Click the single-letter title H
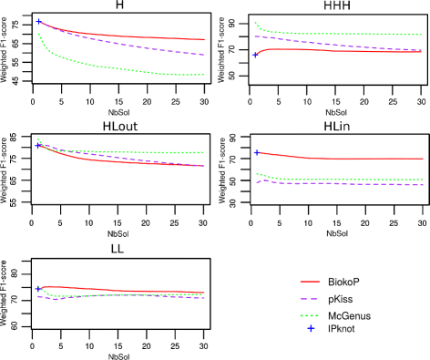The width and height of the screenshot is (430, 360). [120, 6]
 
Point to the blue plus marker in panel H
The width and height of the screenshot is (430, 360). [38, 21]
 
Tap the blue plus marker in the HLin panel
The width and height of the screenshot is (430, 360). [257, 152]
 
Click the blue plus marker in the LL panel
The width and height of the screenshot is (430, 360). [38, 289]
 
